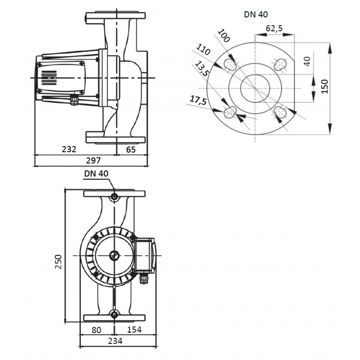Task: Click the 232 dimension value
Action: pos(69,149)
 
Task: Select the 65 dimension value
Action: pos(131,150)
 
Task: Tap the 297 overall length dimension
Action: pos(93,161)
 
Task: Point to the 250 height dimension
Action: pos(58,262)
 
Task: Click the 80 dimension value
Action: pos(96,330)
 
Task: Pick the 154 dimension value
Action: pos(134,330)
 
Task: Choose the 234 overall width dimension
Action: pos(115,341)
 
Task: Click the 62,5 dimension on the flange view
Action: pos(274,28)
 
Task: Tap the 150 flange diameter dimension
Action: pos(325,86)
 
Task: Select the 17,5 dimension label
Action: pos(198,100)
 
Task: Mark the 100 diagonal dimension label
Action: pos(224,36)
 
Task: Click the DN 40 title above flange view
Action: pos(256,14)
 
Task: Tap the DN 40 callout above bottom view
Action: pos(96,174)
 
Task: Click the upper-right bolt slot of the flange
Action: pos(280,64)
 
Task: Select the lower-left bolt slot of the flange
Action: pos(230,112)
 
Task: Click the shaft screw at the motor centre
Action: pos(114,255)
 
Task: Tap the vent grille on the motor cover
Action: pos(49,78)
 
